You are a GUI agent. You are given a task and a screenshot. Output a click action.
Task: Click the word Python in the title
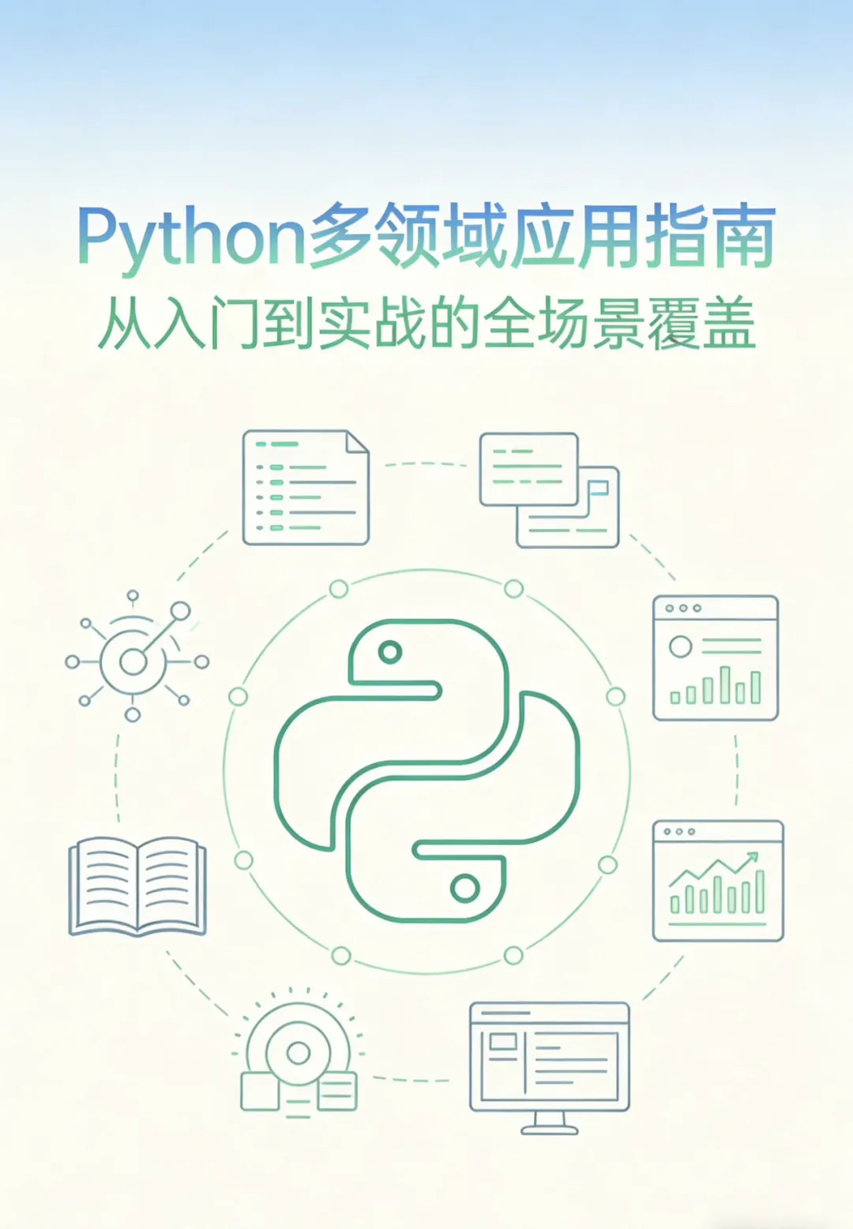[190, 237]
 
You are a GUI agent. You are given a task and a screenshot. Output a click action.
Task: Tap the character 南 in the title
[742, 237]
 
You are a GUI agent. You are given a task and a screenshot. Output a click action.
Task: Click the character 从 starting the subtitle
[124, 324]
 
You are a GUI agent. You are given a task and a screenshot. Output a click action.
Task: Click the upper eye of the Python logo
[390, 652]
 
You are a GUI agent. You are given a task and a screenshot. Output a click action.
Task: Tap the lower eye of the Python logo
[464, 888]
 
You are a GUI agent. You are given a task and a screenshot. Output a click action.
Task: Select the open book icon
[137, 886]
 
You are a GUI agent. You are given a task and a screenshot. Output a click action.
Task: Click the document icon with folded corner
[306, 487]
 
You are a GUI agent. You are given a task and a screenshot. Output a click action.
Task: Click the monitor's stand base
[550, 1130]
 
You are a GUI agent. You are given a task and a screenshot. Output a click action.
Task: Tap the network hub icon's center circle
[133, 661]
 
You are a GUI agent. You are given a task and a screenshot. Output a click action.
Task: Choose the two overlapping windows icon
[550, 489]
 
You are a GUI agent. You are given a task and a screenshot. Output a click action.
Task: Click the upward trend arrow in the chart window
[751, 857]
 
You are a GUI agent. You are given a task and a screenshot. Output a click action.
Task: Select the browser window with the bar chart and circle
[716, 658]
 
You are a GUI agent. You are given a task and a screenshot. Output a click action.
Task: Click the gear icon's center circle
[299, 1052]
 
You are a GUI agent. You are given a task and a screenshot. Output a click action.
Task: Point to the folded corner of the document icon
[358, 442]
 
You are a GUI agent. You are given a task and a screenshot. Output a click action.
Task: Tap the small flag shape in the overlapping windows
[599, 489]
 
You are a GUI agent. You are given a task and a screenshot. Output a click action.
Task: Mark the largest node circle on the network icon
[181, 611]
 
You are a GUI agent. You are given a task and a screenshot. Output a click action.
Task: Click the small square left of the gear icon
[260, 1091]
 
